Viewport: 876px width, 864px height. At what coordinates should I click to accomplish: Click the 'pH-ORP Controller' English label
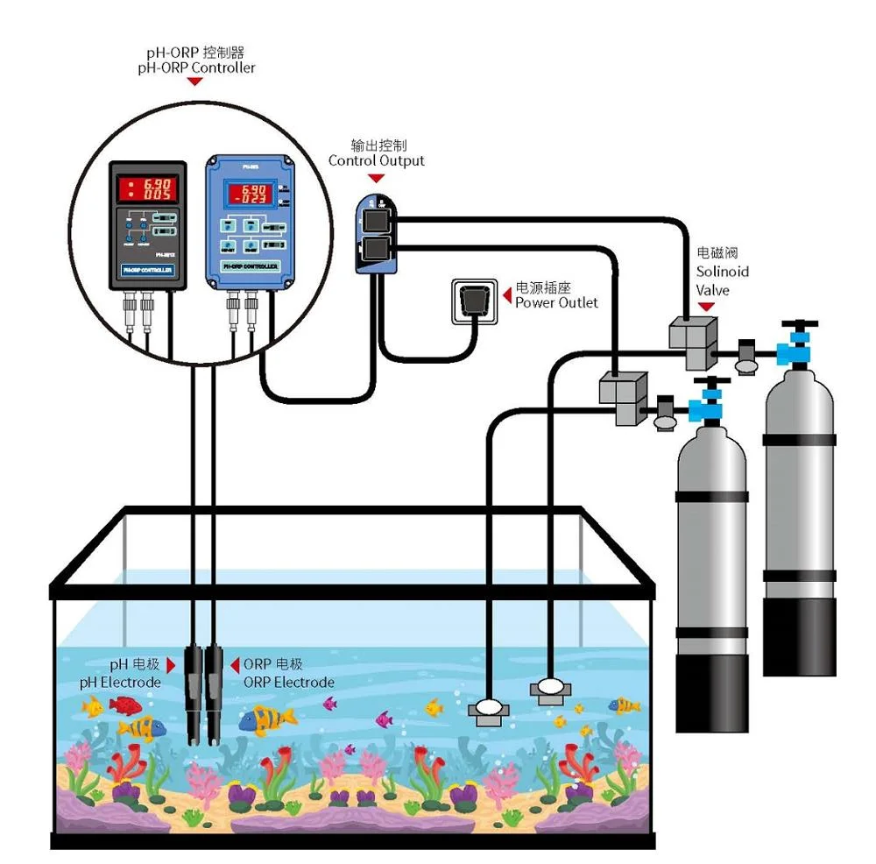(195, 67)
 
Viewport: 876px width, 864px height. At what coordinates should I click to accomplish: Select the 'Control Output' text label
(376, 160)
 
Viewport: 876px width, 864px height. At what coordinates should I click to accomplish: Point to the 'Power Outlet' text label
(556, 302)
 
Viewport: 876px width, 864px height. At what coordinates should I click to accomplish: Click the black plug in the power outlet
(473, 300)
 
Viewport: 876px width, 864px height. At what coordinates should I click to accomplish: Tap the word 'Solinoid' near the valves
(722, 273)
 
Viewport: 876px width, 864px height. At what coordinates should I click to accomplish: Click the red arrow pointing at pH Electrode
(172, 666)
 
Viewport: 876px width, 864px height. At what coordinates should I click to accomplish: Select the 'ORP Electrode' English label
(288, 682)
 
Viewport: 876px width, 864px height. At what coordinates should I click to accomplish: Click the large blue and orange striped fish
(268, 719)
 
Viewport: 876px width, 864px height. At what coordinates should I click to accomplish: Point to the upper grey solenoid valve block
(692, 341)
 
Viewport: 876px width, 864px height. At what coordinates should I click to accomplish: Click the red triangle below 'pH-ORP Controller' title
(195, 81)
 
